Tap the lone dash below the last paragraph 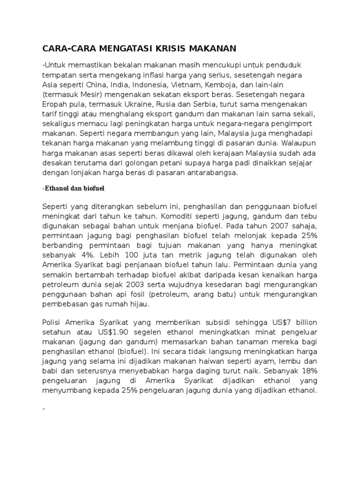(x=44, y=409)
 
